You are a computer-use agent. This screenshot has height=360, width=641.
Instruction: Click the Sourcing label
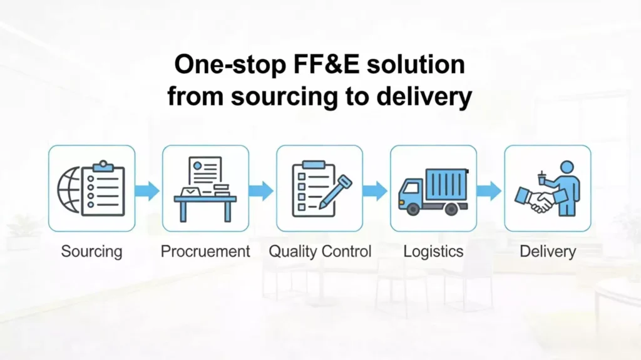point(91,252)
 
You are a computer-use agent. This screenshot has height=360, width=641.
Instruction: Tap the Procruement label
point(205,252)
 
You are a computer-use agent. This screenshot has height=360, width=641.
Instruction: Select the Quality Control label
point(320,252)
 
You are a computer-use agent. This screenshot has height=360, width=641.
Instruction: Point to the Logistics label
point(433,252)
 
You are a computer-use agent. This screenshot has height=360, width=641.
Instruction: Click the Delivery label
point(548,252)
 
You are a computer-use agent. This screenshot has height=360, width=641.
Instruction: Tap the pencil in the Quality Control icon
point(336,192)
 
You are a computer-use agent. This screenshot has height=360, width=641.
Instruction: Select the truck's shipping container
point(446,185)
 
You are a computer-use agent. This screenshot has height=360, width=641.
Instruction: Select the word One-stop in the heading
point(220,65)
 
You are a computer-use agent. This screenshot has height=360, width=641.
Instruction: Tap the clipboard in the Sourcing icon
point(103,189)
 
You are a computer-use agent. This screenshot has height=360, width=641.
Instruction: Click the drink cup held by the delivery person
point(542,179)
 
